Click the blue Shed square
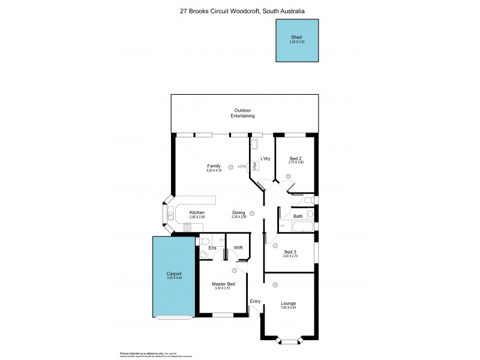(x=297, y=40)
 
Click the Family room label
(x=214, y=166)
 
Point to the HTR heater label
(x=241, y=166)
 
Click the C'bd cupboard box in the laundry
(x=254, y=166)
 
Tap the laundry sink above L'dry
(x=254, y=144)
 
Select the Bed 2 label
(x=296, y=158)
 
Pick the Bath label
(x=297, y=215)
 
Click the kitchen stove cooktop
(x=187, y=227)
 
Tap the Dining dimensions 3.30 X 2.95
(x=239, y=217)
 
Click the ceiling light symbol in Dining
(x=253, y=212)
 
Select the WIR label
(x=238, y=248)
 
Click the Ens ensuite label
(x=212, y=248)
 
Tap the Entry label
(x=255, y=301)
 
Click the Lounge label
(x=288, y=303)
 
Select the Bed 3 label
(x=290, y=252)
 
